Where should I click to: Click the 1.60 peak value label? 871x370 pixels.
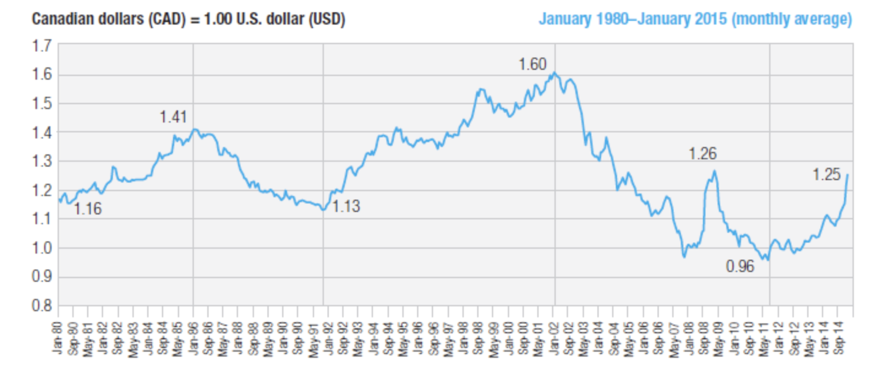point(532,64)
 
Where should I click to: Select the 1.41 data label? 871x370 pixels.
point(173,116)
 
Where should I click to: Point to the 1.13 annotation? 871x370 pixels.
point(346,207)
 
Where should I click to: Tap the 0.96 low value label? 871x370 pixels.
point(740,267)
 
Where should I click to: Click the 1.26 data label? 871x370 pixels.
point(702,154)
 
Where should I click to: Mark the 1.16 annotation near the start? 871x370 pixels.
point(88,210)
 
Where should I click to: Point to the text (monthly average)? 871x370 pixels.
point(791,20)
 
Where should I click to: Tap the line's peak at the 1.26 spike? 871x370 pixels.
point(714,172)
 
